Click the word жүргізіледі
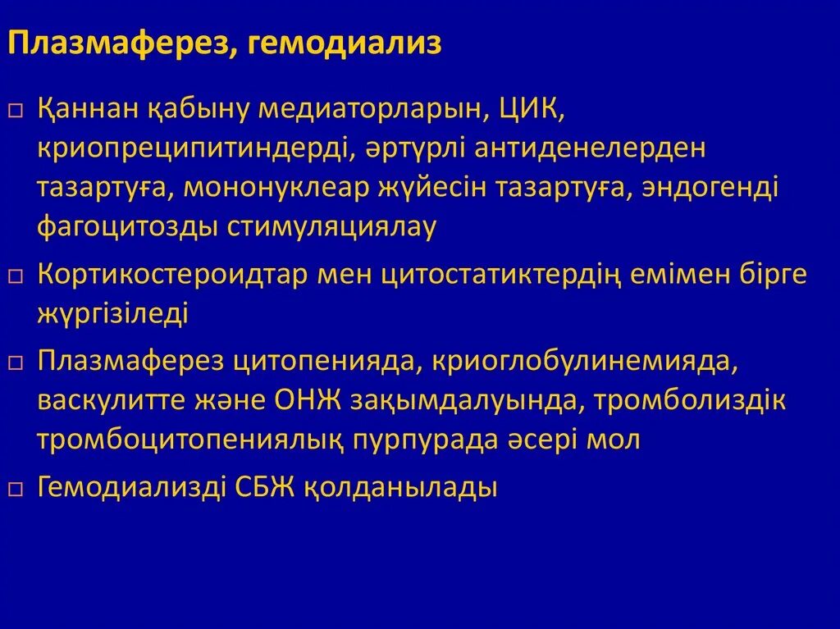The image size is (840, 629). click(112, 313)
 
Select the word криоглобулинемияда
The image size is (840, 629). click(590, 362)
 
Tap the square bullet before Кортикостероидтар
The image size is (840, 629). click(16, 276)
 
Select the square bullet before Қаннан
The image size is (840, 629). click(16, 110)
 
